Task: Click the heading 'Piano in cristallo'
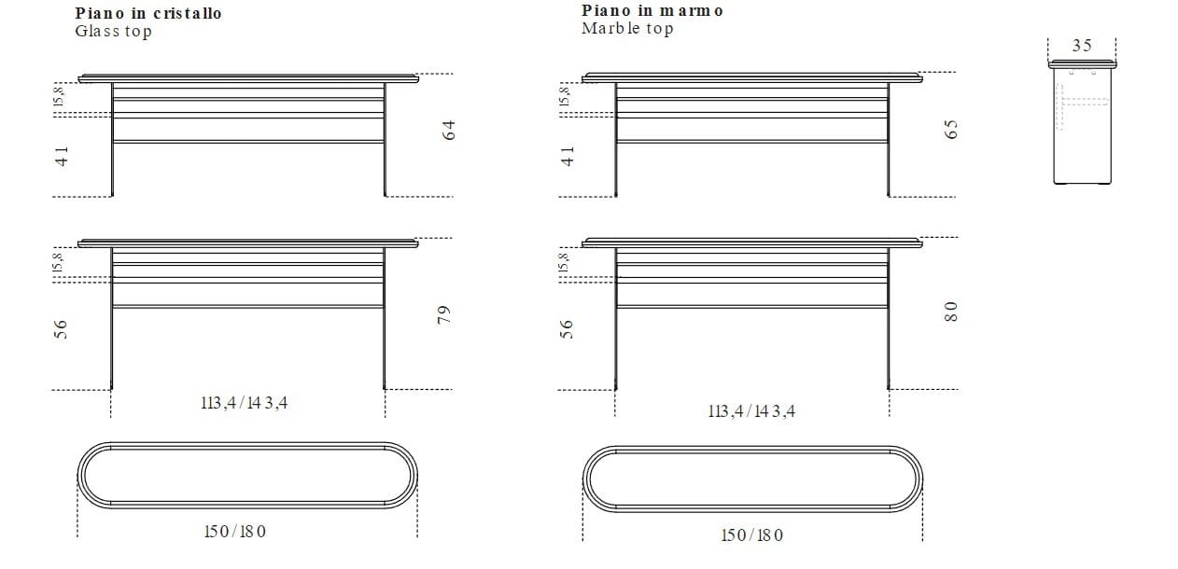tap(148, 13)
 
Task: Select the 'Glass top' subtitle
tap(113, 31)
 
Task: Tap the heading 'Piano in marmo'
tap(652, 10)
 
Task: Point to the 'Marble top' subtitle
tap(626, 28)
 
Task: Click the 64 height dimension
tap(448, 131)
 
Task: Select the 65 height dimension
tap(951, 131)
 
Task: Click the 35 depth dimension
tap(1082, 46)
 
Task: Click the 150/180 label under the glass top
tap(234, 531)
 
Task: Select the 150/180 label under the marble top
tap(751, 534)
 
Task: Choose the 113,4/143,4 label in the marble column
tap(751, 410)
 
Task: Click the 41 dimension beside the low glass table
tap(63, 157)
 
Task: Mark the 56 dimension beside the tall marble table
tap(567, 328)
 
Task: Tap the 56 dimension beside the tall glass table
tap(63, 328)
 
